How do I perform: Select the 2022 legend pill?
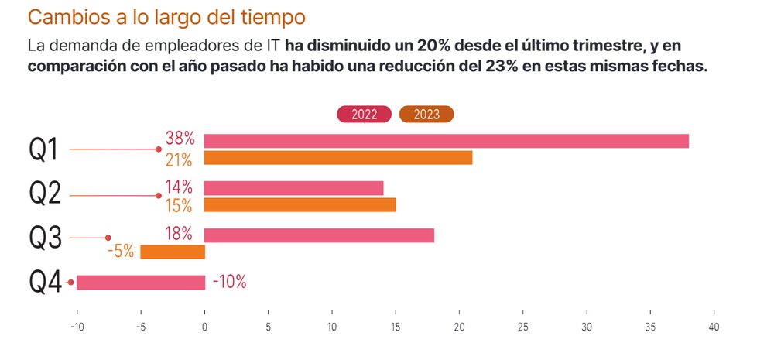tap(364, 114)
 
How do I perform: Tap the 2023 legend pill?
tap(426, 114)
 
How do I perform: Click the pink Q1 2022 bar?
tap(447, 141)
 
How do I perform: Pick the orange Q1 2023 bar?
tap(338, 158)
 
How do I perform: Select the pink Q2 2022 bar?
tap(294, 188)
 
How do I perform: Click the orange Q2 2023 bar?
tap(300, 205)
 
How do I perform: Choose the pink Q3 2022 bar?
tap(319, 235)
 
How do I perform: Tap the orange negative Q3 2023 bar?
tap(173, 252)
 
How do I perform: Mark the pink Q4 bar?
tap(141, 283)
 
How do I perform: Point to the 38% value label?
tap(180, 140)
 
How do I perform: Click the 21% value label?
tap(180, 159)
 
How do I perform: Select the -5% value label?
tap(120, 252)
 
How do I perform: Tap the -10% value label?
tap(229, 283)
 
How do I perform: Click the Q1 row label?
tap(44, 149)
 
